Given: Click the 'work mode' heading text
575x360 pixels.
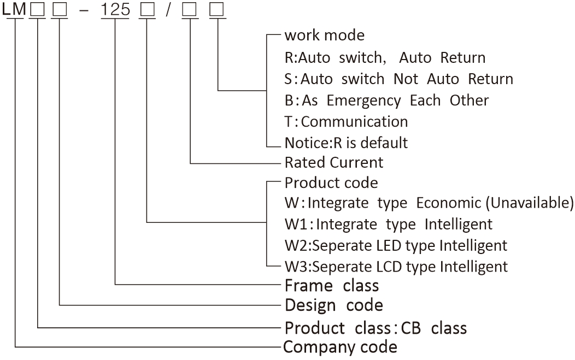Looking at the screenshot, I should coord(324,36).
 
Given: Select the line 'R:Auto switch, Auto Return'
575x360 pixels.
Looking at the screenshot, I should coord(385,57).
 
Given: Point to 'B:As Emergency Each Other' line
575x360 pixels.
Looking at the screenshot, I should coord(386,101).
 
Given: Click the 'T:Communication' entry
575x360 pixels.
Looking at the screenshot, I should coord(346,121).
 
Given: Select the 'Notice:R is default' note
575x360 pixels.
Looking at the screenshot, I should coord(346,143).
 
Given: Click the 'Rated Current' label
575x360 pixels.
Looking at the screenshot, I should coord(334,162).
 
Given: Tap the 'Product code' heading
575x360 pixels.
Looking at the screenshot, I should coord(331,182).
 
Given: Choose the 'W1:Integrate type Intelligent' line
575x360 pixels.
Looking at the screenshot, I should coord(388,224).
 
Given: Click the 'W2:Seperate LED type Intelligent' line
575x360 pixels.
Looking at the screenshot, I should coord(396,245).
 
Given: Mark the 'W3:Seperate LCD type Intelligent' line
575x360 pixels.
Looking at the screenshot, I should coord(396,267).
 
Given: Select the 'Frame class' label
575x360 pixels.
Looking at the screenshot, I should coord(331,285).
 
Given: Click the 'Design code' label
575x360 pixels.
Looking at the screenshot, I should coord(333,305).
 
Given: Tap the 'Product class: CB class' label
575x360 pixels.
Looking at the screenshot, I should coord(375,328).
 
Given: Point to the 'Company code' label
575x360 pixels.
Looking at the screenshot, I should coord(341,347).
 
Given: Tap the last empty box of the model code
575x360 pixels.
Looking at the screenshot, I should coord(217,10).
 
